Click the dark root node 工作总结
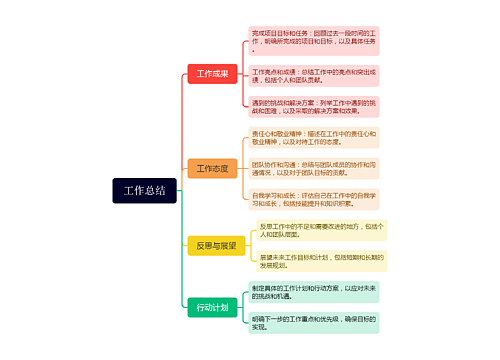coord(145,190)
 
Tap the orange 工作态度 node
coord(212,168)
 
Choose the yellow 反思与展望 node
coord(216,245)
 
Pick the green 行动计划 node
coord(212,307)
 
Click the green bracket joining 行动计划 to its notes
coord(243,307)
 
